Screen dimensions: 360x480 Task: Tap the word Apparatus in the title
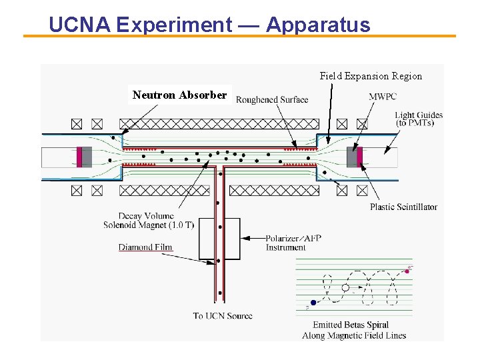318,25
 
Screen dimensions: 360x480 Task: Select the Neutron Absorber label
179,95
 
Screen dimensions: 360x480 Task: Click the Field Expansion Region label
371,76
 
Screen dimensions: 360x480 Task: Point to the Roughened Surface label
272,99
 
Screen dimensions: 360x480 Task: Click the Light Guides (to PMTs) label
419,119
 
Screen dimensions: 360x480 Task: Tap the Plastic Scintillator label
403,207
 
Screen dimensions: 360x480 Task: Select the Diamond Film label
145,247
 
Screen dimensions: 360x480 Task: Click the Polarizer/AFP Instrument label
286,243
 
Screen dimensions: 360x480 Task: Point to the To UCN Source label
223,315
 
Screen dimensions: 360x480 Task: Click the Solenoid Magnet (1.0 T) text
149,225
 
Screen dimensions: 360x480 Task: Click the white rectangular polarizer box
219,238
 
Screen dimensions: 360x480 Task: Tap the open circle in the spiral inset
345,288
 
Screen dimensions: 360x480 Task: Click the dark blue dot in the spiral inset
313,303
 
